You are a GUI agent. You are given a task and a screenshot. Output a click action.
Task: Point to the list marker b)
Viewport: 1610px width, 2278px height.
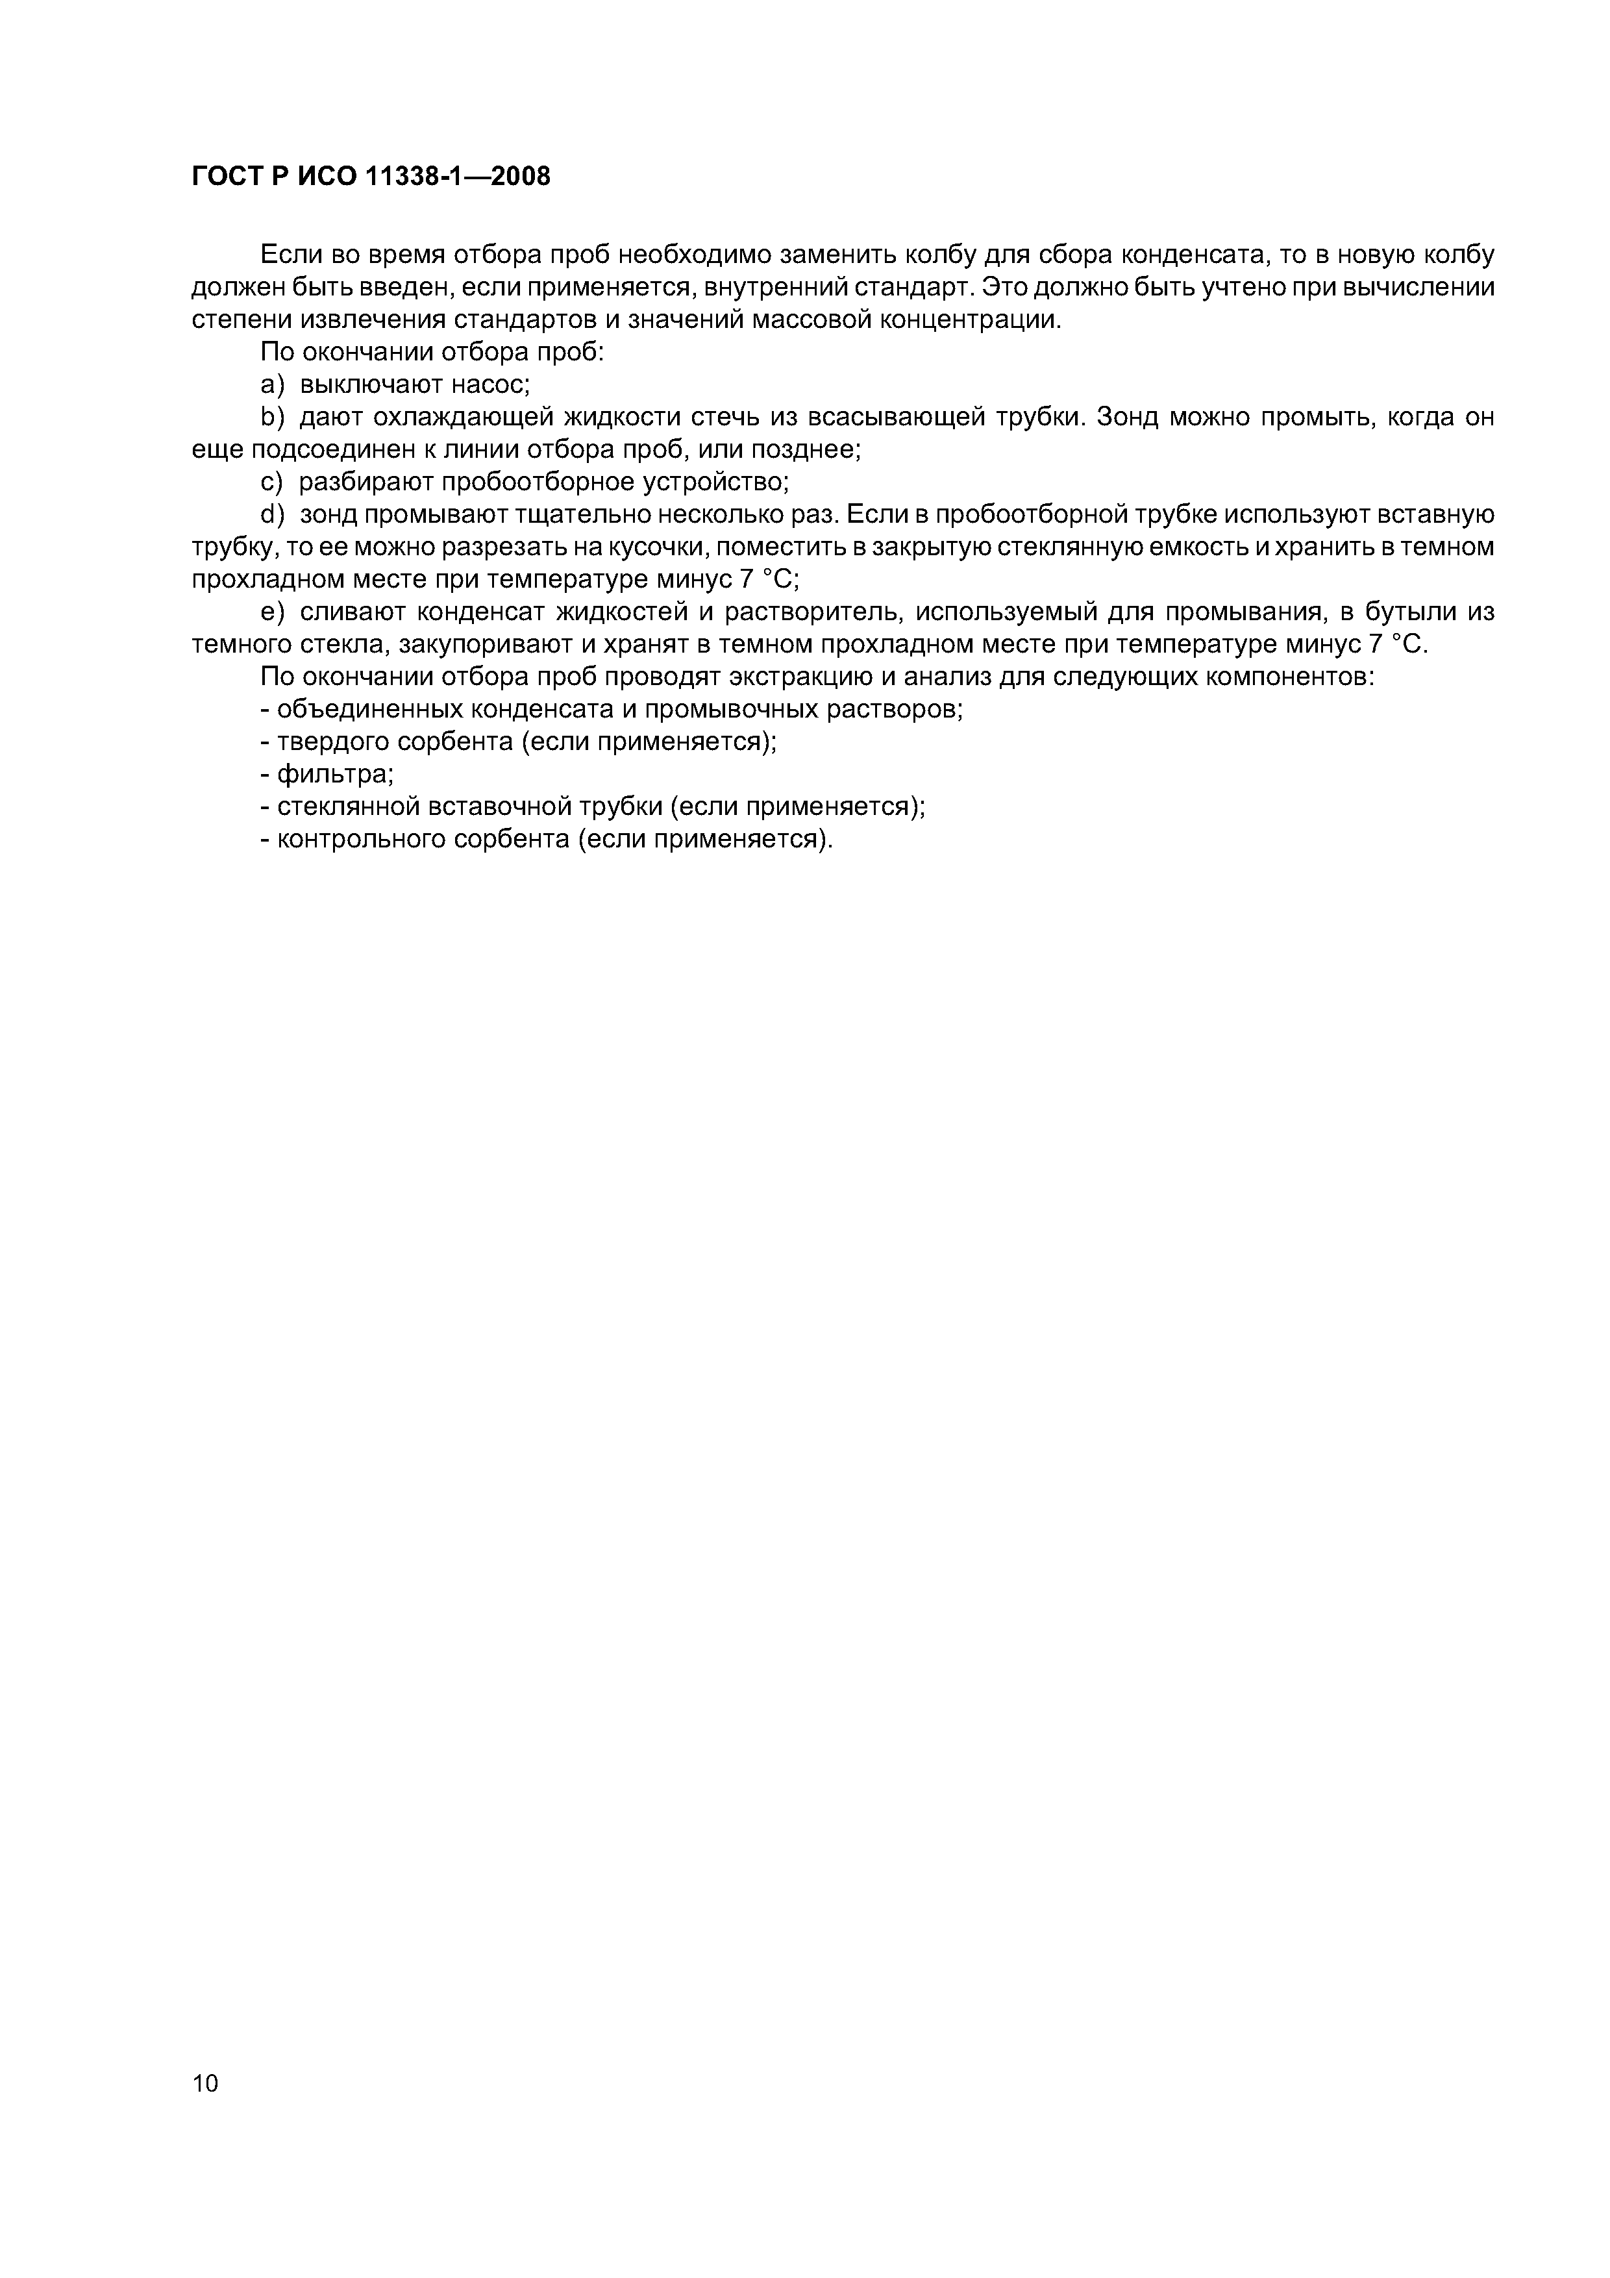(272, 418)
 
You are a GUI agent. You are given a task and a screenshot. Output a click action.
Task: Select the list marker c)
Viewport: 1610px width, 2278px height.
(272, 483)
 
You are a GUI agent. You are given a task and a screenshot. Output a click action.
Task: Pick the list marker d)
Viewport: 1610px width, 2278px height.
(272, 515)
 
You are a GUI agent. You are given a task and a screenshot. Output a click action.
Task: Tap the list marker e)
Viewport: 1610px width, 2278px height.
(272, 612)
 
